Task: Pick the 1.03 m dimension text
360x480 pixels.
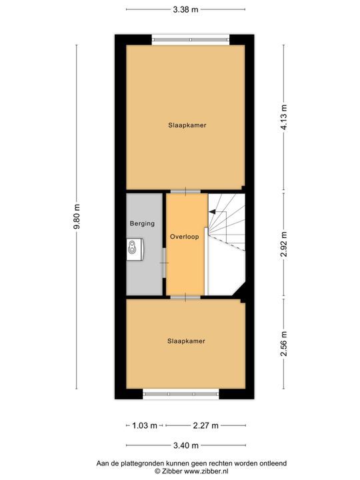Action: point(145,425)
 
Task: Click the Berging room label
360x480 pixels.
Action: point(143,224)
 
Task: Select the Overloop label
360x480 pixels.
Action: point(184,237)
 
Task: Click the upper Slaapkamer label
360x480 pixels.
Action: point(186,125)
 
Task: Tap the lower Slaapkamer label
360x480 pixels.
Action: point(186,341)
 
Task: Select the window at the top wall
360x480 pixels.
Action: point(191,37)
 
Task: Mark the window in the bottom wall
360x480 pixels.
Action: point(181,395)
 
